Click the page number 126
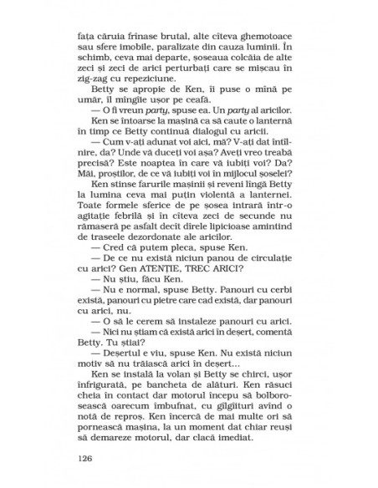pyautogui.click(x=84, y=458)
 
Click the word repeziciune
pyautogui.click(x=137, y=84)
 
